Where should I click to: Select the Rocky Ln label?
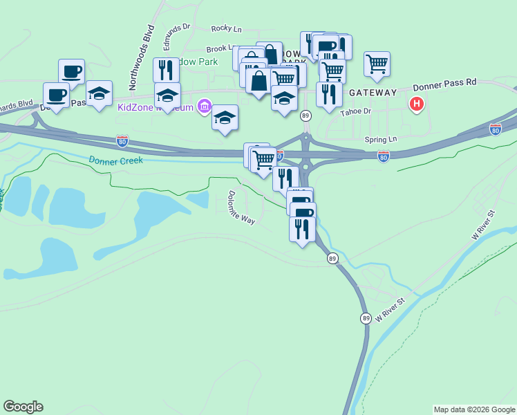pos(227,28)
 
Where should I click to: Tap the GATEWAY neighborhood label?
pos(373,93)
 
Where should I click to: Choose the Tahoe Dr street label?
pos(358,111)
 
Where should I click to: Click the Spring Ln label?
pos(383,139)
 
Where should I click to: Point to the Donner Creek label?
pos(115,160)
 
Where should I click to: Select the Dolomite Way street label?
pos(242,207)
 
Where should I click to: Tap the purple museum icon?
pos(204,107)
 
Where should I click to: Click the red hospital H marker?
pos(416,105)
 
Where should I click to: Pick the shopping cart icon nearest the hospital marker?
pos(377,63)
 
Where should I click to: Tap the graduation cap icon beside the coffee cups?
pos(99,93)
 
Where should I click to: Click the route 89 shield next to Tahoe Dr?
pos(305,115)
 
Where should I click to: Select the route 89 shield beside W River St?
pos(366,318)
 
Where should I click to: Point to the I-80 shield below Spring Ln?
pos(384,157)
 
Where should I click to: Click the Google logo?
pos(23,407)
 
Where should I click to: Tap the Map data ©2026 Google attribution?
pos(474,409)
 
